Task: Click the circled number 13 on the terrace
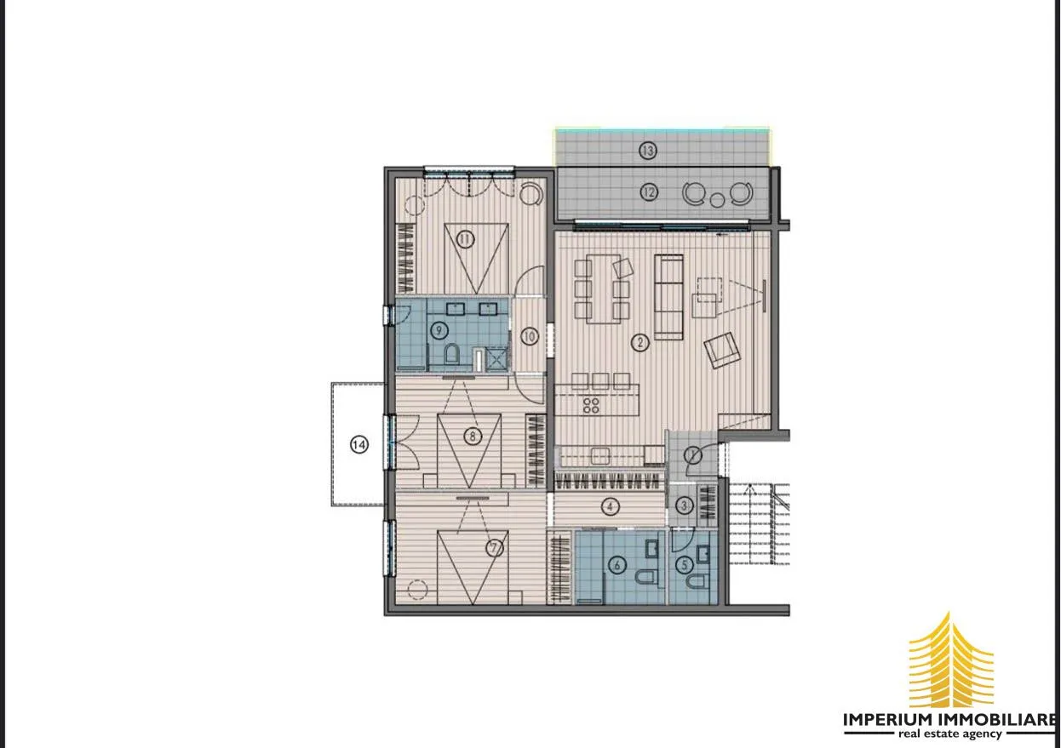pos(647,151)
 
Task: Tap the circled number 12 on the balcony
pos(649,192)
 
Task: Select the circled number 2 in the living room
pos(640,342)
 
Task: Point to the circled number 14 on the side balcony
pos(358,444)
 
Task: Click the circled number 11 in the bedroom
pos(465,240)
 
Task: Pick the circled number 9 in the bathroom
pos(439,330)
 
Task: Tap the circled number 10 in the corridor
pos(529,337)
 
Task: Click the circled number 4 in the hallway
pos(610,507)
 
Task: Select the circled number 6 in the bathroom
pos(617,565)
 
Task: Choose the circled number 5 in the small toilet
pos(685,565)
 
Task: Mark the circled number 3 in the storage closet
pos(684,505)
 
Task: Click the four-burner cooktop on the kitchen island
pos(591,406)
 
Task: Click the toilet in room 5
pos(696,581)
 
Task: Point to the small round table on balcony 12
pos(717,200)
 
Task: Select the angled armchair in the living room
pos(722,350)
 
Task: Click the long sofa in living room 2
pos(668,297)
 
